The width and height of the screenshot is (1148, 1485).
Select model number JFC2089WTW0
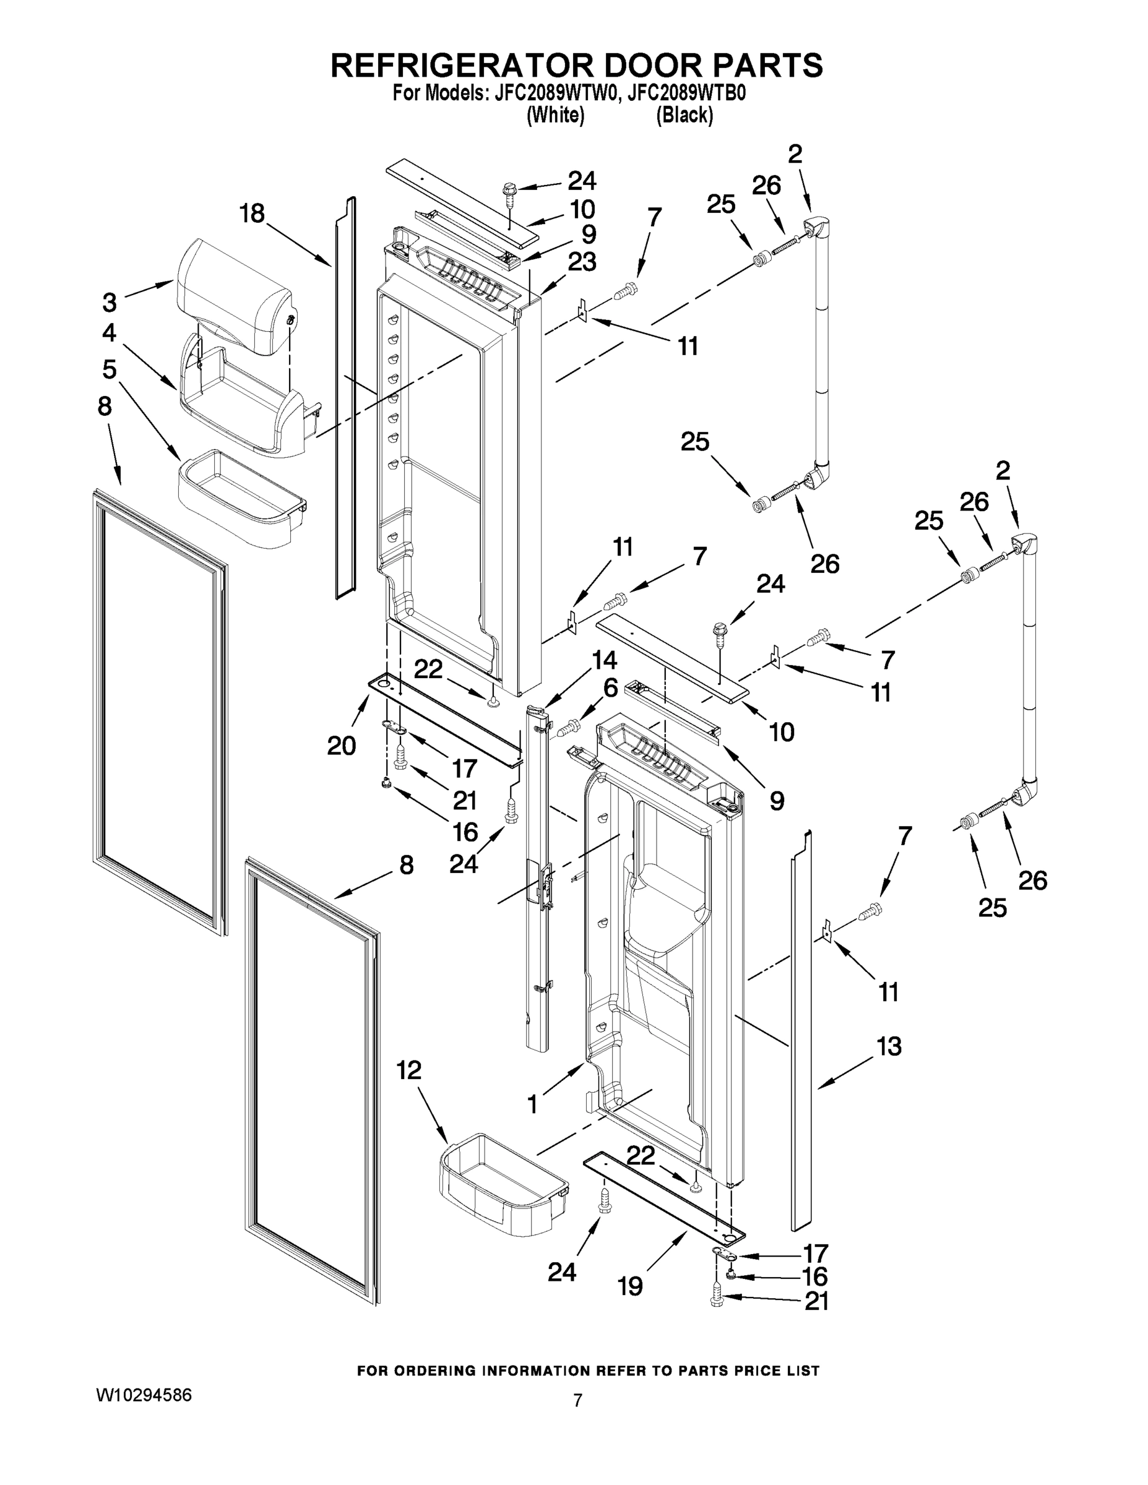click(556, 93)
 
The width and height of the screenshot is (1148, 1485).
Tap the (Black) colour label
click(684, 116)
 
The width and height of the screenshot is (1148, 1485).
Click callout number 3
click(110, 301)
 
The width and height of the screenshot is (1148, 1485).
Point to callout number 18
click(252, 213)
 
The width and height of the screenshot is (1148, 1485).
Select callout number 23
click(582, 262)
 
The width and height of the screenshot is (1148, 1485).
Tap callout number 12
click(408, 1070)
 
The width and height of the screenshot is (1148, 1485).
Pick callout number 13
click(889, 1046)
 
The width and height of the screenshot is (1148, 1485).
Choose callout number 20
click(342, 746)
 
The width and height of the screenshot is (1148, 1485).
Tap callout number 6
click(610, 688)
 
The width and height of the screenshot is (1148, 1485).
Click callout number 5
click(110, 369)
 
